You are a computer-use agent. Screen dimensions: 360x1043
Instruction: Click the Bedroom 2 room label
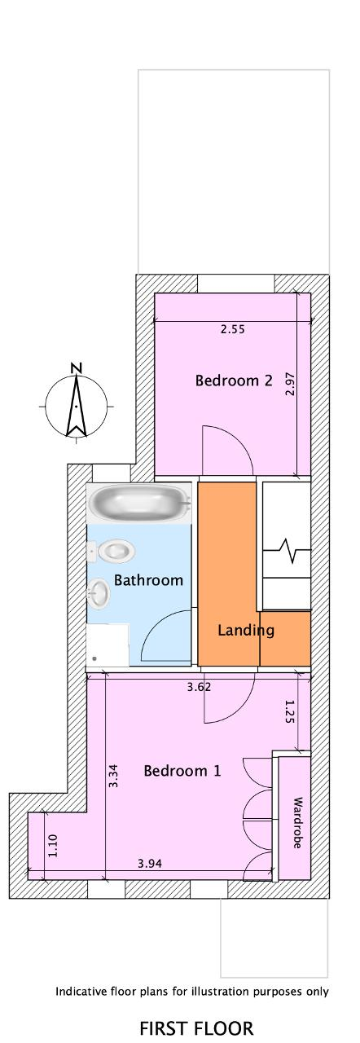coord(234,381)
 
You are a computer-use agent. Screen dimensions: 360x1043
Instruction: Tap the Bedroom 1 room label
coord(182,771)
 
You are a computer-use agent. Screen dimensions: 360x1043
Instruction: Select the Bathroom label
coord(148,580)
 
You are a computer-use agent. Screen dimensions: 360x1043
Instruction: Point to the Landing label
coord(246,631)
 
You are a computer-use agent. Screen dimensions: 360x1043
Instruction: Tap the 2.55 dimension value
coord(233,329)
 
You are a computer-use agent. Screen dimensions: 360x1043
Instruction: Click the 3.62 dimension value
coord(199,686)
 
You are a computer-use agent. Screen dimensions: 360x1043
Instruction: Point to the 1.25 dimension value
coord(289,711)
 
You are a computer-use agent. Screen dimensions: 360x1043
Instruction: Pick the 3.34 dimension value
coord(112,777)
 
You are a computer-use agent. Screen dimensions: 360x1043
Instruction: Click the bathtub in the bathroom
coord(139,503)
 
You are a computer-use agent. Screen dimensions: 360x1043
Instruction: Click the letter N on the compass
coord(77,367)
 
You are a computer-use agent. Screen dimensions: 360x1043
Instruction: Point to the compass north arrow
coord(76,406)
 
